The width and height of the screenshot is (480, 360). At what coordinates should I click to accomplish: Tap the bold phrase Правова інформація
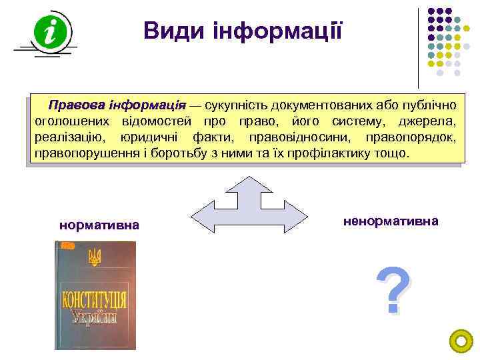(x=117, y=105)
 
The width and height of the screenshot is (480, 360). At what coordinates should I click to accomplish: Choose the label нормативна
(x=99, y=225)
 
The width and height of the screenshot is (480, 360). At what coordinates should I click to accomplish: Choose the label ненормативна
(x=391, y=220)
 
